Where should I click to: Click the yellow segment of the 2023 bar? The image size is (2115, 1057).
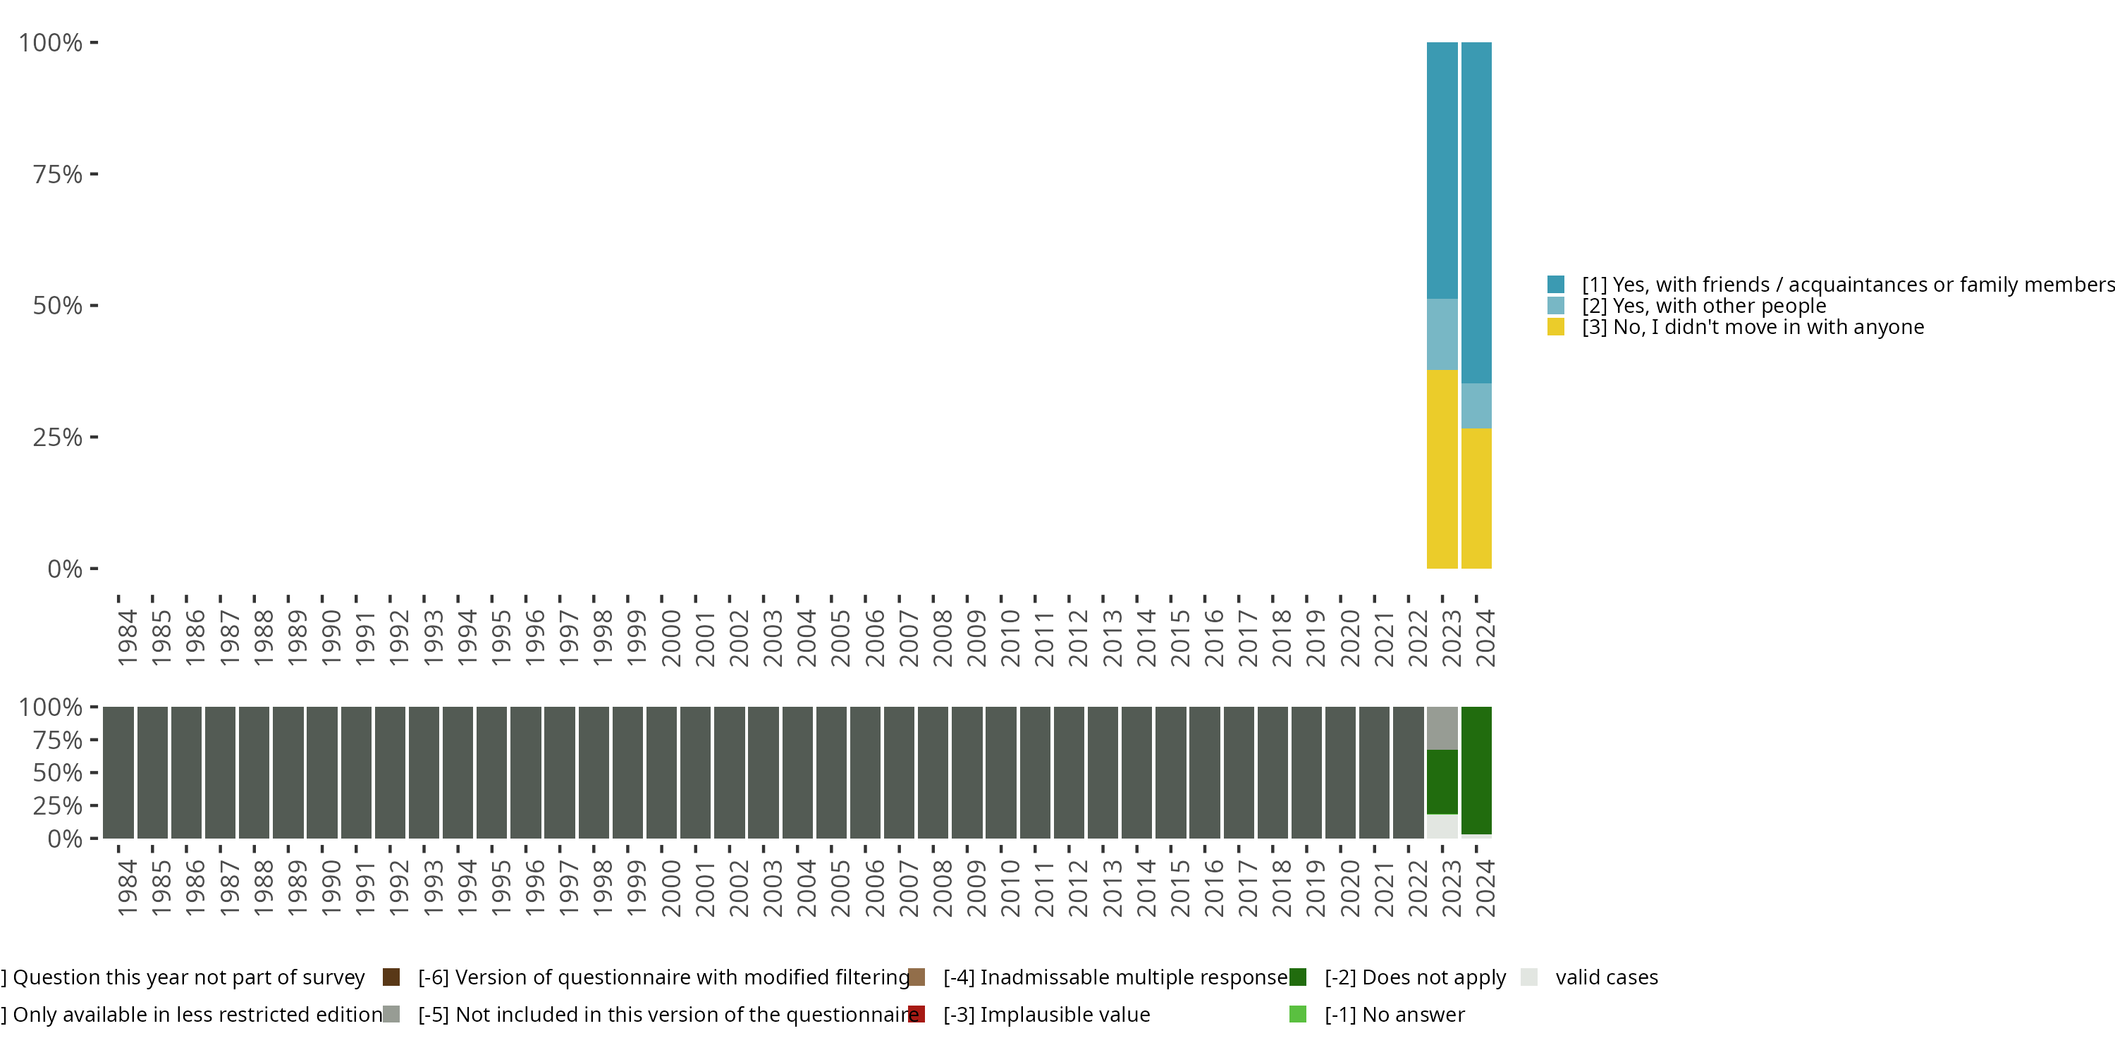[x=1442, y=469]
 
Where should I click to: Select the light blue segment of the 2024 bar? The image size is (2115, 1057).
[x=1476, y=405]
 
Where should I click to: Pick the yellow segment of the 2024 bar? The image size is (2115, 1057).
[x=1476, y=498]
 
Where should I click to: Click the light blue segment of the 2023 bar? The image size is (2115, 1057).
[x=1442, y=334]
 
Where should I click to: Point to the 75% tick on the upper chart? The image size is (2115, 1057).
[x=94, y=174]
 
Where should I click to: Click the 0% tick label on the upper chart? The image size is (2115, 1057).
[x=65, y=569]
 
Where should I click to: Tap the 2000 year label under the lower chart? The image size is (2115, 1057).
[x=670, y=888]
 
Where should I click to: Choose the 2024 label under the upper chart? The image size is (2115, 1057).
[x=1485, y=638]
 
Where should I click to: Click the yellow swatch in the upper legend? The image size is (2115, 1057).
[x=1555, y=328]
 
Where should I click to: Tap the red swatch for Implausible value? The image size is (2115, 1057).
[x=917, y=1014]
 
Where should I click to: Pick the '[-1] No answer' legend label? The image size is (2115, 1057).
[x=1394, y=1014]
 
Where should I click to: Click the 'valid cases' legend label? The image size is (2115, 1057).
[x=1606, y=977]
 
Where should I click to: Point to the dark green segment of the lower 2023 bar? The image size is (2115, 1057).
[x=1442, y=781]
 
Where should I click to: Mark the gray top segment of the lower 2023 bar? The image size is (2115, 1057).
[x=1442, y=728]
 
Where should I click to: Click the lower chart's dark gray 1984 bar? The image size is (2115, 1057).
[x=118, y=772]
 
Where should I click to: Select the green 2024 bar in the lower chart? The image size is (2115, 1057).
[x=1476, y=769]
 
